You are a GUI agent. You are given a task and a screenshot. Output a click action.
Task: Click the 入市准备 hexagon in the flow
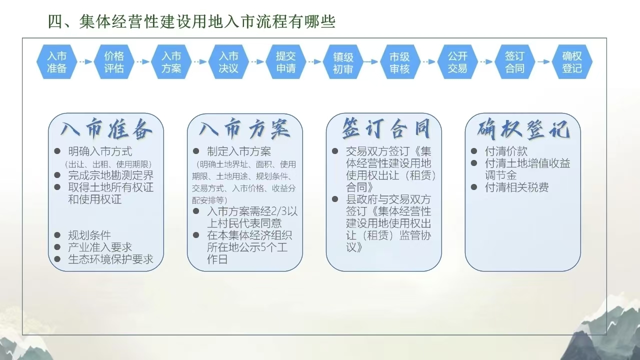tap(57, 61)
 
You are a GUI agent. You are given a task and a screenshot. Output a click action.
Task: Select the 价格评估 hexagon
tap(114, 61)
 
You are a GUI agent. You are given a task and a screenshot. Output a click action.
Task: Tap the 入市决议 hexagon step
tap(228, 61)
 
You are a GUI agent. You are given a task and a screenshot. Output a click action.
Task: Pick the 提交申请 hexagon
tap(285, 61)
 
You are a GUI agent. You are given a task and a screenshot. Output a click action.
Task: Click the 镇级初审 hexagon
tap(343, 61)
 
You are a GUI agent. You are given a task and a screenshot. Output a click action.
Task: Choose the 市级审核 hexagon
tap(400, 61)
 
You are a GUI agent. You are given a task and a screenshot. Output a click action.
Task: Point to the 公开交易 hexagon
tap(457, 61)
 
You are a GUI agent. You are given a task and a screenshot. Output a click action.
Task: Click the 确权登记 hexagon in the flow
tap(572, 61)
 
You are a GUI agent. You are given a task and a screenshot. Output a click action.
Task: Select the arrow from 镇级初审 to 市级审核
tap(371, 61)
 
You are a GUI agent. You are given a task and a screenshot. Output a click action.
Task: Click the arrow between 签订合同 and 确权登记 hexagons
tap(543, 61)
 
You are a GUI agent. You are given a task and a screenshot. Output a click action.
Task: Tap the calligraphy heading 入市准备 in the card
tap(106, 129)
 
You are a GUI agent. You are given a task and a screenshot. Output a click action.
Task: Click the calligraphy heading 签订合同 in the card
tap(386, 128)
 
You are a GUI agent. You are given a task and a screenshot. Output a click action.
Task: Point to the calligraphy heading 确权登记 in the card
tap(523, 129)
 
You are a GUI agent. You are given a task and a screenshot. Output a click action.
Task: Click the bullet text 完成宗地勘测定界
tap(111, 175)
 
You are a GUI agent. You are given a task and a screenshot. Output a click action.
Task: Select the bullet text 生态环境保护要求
tap(111, 259)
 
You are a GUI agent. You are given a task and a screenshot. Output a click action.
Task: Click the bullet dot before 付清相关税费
tap(474, 187)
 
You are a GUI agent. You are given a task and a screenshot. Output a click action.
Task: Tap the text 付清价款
tap(506, 151)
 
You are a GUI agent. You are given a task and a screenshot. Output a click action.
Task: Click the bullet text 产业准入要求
tap(100, 247)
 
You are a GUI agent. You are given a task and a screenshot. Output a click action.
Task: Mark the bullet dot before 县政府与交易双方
tap(335, 199)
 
